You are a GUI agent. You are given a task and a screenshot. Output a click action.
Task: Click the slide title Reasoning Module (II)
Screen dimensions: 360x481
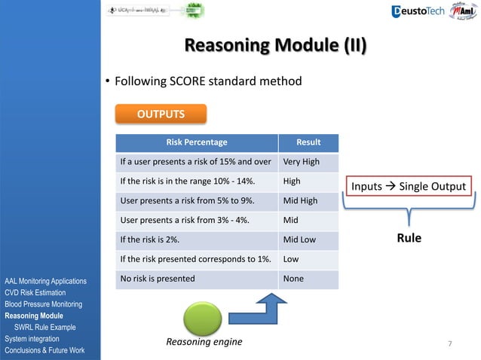click(x=276, y=46)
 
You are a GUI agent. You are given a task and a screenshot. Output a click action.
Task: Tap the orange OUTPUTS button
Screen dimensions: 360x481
click(x=160, y=114)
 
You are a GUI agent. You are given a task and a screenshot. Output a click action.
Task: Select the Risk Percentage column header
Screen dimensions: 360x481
click(x=196, y=142)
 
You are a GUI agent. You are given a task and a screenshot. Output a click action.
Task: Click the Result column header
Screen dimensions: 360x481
click(x=308, y=142)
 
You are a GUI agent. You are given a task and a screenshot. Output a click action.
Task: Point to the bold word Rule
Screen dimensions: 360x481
click(x=409, y=238)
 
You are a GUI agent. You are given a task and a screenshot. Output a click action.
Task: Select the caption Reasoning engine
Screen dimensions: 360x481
click(x=204, y=343)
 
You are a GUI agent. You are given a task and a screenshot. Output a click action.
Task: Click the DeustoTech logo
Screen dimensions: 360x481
click(x=419, y=11)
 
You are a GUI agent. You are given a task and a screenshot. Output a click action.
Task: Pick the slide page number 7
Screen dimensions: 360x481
click(x=449, y=344)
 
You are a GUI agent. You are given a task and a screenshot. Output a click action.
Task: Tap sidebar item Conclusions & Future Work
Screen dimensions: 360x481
click(x=44, y=351)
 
